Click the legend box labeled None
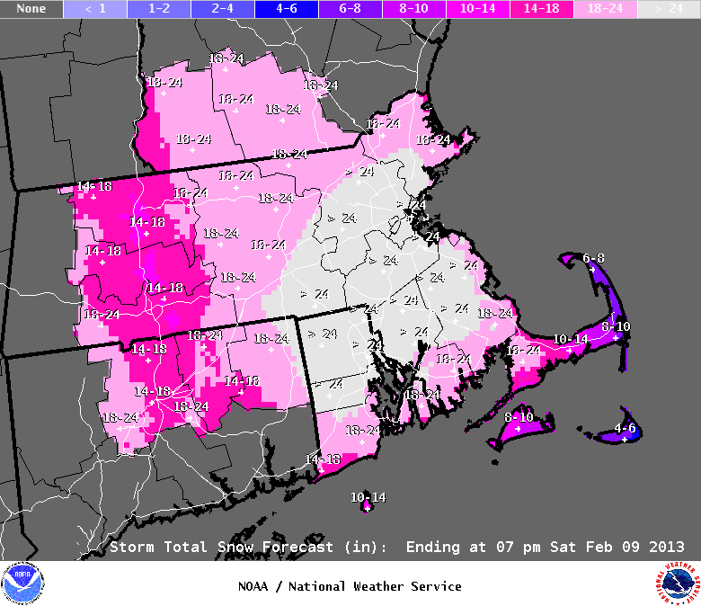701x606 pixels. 31,9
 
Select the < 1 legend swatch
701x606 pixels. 95,9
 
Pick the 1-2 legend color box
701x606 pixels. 159,9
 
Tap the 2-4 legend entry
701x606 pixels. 223,9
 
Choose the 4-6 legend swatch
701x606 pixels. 287,9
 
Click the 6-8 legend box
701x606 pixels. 350,9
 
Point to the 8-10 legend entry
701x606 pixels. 414,9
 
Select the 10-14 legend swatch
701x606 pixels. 478,9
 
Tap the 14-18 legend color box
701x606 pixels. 542,9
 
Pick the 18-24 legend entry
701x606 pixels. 606,9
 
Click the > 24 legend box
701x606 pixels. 669,9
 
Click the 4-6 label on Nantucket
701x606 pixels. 625,428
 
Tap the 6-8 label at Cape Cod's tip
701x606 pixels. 593,258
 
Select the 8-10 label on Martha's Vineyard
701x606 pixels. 519,417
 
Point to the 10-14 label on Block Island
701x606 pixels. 368,497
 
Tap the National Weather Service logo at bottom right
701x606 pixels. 677,584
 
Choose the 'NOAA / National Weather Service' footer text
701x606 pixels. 350,586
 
